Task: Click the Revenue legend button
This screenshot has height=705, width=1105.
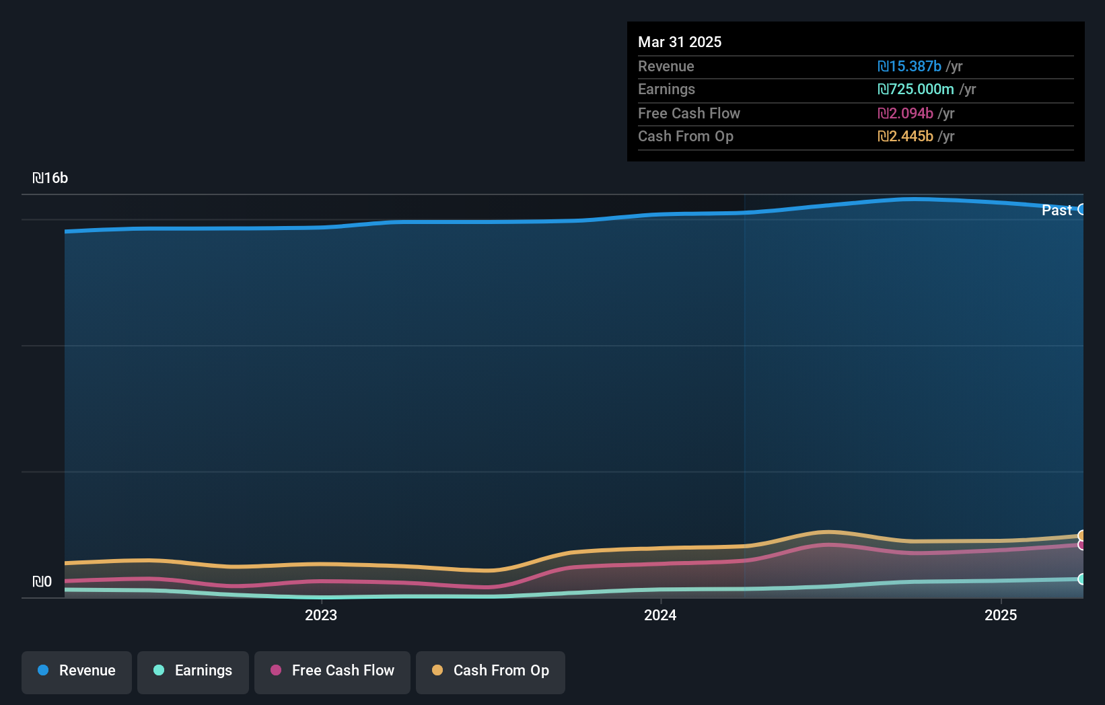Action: (x=77, y=671)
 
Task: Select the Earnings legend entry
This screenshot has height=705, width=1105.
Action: (x=193, y=671)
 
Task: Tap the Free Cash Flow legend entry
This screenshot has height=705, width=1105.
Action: (x=332, y=671)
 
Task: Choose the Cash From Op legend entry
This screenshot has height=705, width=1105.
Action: (x=491, y=671)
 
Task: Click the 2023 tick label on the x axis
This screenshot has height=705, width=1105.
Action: (x=321, y=615)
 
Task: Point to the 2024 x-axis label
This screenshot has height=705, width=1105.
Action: (x=660, y=615)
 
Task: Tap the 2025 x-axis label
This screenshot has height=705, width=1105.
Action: (x=1001, y=615)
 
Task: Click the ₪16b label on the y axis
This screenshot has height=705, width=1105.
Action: (x=50, y=178)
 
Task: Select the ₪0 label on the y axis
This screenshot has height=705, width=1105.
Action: (x=42, y=582)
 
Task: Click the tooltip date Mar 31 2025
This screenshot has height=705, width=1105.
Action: (x=680, y=42)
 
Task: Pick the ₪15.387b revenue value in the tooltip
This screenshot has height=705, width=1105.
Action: (x=909, y=66)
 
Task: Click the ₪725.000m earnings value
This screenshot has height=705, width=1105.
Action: (x=915, y=89)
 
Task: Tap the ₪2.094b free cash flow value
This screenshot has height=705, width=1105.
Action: (x=905, y=113)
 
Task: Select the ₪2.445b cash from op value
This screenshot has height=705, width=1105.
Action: (x=905, y=136)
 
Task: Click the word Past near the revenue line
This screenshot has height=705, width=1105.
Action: (x=1057, y=210)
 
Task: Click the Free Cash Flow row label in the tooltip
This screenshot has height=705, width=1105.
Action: (x=688, y=113)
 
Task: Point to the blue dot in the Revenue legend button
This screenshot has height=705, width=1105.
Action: (x=43, y=670)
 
